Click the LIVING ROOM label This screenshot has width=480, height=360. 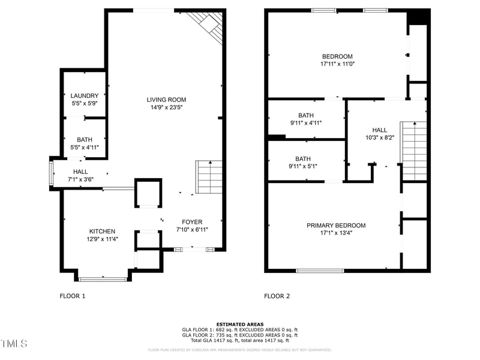pos(166,100)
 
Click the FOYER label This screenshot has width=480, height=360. pos(192,221)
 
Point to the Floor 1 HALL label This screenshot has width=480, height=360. pos(80,171)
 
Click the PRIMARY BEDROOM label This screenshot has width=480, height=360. pos(336,226)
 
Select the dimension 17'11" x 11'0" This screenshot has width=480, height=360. pos(337,64)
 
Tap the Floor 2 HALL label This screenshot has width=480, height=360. pos(379,130)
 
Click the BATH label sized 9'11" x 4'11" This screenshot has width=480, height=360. pos(306,115)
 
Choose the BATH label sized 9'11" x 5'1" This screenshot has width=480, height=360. pos(306,159)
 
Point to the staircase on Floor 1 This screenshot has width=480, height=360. pos(209,177)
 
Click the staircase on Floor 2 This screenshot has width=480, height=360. pos(413,150)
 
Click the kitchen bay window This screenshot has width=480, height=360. pos(103,278)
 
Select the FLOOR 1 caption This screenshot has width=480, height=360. pos(73,296)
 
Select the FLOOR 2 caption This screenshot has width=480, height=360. pos(277,296)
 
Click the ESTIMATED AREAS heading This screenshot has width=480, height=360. pos(240,324)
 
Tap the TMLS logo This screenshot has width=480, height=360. pos(14,344)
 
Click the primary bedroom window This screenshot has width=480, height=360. pos(320,271)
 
